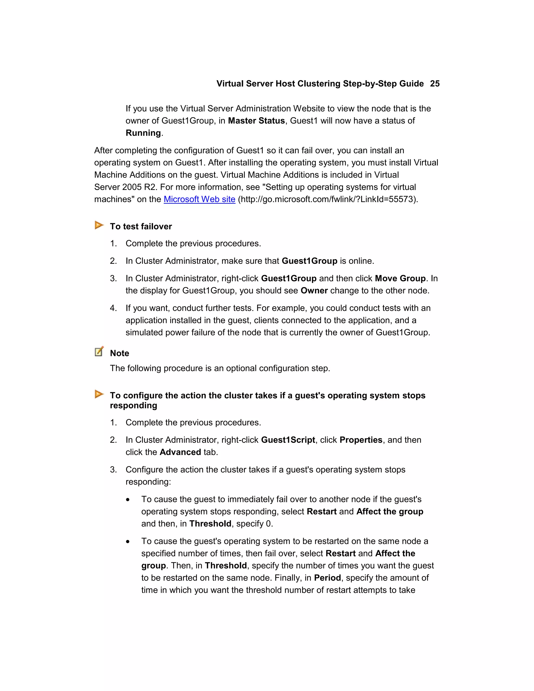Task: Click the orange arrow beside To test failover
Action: [99, 225]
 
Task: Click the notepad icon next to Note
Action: [99, 351]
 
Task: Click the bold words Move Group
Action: [400, 278]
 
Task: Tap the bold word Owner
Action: [314, 290]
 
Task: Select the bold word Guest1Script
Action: [288, 440]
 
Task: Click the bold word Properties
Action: [361, 440]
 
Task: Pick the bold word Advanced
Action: [180, 452]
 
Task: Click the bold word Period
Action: [327, 578]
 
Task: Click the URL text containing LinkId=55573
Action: [327, 199]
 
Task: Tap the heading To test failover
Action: [141, 227]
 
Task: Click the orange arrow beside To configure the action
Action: [99, 394]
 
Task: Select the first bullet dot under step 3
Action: [128, 500]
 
